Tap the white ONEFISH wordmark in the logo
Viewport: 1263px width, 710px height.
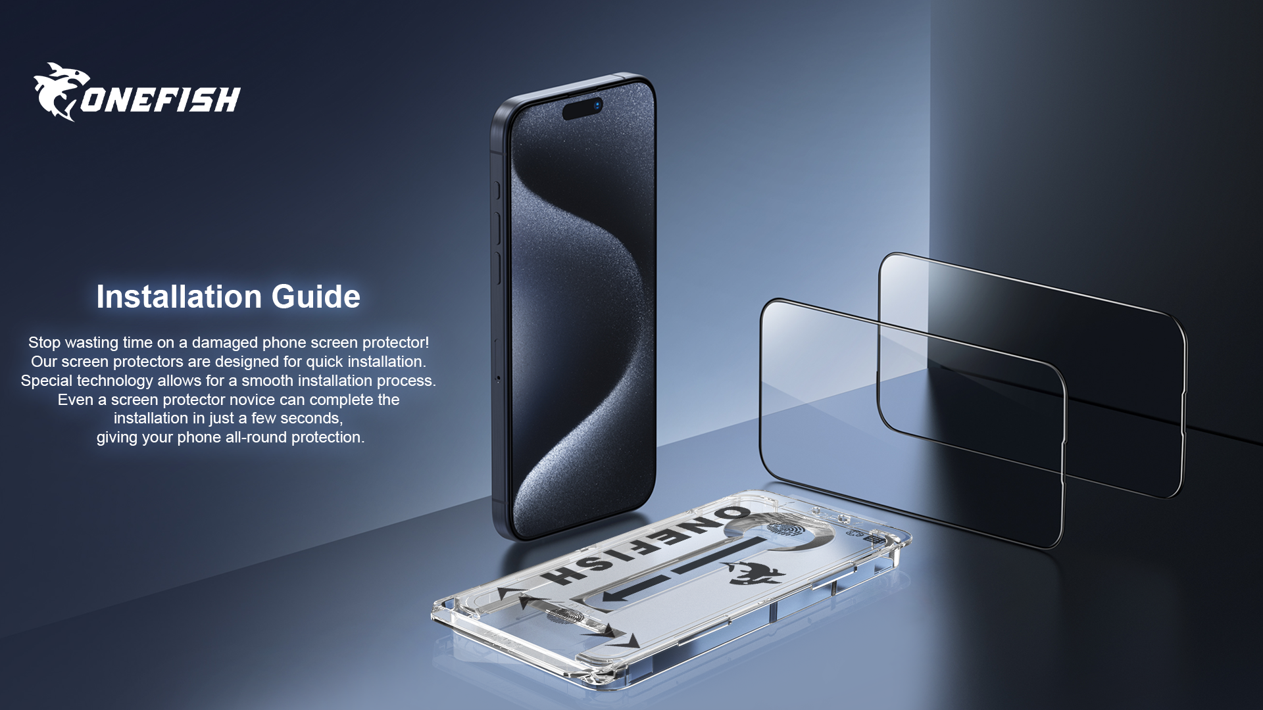161,100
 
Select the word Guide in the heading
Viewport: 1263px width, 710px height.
316,296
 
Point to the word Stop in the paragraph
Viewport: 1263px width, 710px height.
44,343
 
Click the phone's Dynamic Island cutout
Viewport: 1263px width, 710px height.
583,108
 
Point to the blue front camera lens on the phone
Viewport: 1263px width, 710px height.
597,105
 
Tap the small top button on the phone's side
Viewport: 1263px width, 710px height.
497,190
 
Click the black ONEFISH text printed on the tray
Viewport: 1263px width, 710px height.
645,546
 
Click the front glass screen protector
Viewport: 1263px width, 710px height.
911,421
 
